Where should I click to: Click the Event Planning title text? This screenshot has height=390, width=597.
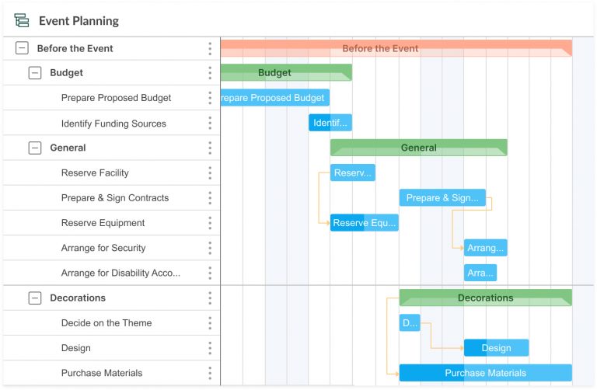[79, 21]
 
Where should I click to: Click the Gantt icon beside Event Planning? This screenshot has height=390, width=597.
[22, 21]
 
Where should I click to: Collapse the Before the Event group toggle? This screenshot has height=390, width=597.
[22, 48]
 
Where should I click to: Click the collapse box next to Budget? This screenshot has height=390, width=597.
[35, 73]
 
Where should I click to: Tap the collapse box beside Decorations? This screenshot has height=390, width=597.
[35, 298]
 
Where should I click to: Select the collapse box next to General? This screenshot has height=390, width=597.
[35, 148]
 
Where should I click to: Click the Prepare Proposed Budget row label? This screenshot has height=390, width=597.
[116, 98]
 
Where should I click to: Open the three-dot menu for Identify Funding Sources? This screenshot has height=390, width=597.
[210, 123]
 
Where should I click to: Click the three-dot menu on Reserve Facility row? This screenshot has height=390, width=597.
[210, 172]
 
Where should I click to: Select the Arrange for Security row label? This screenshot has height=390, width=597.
[103, 248]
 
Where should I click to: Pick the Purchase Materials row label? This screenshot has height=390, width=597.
[102, 373]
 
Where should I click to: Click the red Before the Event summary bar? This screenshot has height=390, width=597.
[396, 48]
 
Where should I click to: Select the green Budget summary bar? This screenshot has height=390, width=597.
[286, 73]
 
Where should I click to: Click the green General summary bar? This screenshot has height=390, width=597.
[418, 148]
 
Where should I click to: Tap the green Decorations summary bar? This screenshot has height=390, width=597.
[485, 298]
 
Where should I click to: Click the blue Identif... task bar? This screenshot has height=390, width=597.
[330, 123]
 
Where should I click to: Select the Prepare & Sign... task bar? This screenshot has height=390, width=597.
[442, 198]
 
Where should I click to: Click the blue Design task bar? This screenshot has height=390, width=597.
[496, 348]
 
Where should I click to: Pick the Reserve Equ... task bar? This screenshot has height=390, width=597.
[364, 223]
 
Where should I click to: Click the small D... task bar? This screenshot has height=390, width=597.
[410, 322]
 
